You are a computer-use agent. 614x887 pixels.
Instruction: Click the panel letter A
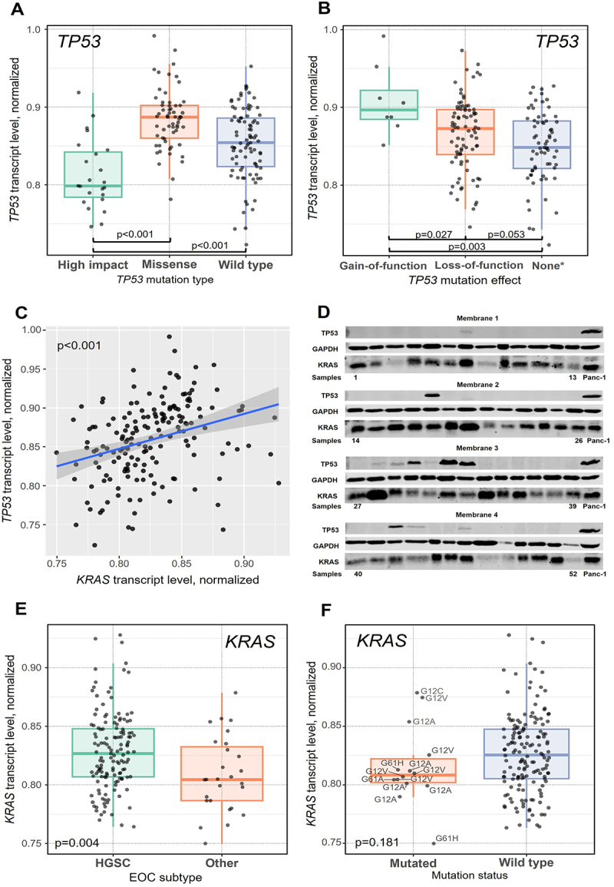17,9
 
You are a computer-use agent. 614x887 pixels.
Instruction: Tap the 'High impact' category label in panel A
93,265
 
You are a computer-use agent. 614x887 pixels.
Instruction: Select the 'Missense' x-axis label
169,264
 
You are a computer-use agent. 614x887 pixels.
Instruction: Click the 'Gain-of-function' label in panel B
383,265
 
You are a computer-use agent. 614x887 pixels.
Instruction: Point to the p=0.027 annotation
434,234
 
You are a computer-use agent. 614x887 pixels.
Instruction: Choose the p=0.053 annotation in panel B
506,234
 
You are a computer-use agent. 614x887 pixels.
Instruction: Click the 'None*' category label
547,265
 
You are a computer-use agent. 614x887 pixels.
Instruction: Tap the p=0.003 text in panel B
467,246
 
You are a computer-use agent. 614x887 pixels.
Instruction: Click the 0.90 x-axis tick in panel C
244,564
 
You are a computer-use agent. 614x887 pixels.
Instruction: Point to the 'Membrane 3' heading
477,448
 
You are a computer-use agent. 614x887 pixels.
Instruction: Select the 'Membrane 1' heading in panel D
477,319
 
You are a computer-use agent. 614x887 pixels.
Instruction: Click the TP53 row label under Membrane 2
329,396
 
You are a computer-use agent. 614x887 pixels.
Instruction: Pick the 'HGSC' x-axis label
113,862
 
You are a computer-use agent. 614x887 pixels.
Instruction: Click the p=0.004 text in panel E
77,843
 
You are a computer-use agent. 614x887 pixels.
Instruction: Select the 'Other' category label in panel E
222,862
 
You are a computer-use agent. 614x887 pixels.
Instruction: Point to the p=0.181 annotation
377,843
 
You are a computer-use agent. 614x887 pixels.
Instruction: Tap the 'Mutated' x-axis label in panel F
413,863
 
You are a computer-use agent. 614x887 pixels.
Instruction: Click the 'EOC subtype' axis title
165,877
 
